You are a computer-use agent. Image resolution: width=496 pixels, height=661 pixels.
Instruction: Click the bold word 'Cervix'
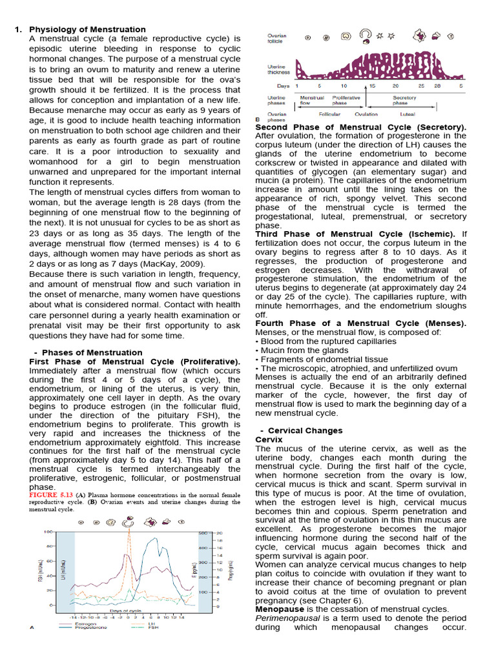269,440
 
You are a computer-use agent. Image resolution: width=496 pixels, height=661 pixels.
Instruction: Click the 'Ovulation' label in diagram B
366,114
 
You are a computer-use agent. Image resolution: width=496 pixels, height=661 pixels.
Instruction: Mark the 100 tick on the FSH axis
47,532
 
